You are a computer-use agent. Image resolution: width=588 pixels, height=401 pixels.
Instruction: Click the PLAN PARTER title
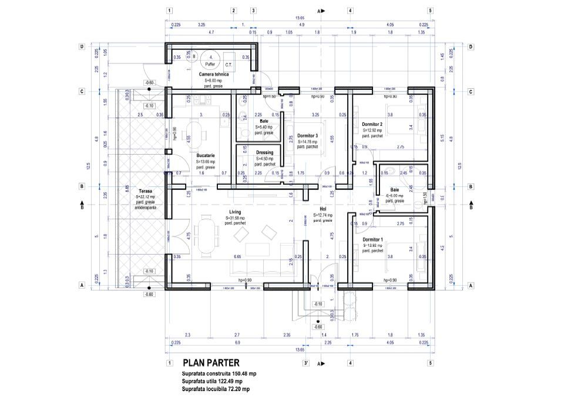(x=210, y=363)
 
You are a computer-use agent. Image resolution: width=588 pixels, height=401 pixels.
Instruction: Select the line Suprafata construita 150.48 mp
(x=219, y=374)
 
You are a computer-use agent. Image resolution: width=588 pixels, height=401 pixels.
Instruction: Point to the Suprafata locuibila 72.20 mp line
(x=216, y=389)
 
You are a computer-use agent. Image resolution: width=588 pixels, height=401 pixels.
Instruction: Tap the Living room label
(x=236, y=212)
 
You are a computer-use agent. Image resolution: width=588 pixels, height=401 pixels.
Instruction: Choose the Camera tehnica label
(x=214, y=75)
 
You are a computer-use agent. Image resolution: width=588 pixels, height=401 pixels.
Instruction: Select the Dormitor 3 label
(x=307, y=135)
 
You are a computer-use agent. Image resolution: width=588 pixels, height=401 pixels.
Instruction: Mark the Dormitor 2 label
(x=372, y=124)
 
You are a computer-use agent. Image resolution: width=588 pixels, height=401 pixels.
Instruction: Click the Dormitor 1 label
(x=372, y=239)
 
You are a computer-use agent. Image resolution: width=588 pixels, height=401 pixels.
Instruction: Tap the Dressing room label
(x=264, y=152)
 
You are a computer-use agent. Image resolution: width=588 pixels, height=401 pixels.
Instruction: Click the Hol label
(x=322, y=209)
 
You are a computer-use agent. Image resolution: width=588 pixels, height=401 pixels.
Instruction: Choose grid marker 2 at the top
(x=233, y=11)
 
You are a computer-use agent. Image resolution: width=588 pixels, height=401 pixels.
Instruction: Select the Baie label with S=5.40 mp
(x=264, y=121)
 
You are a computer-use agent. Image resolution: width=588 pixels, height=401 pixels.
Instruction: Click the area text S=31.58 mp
(x=236, y=218)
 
